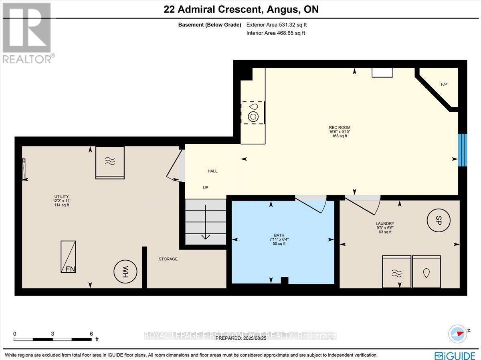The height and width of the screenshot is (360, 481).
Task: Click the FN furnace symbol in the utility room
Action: click(x=68, y=257)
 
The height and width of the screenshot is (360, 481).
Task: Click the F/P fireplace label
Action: click(x=444, y=84)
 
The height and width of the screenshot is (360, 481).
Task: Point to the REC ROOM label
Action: click(x=337, y=128)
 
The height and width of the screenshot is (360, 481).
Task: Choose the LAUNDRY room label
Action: click(x=385, y=223)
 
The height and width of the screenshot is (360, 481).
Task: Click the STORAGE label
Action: click(x=168, y=259)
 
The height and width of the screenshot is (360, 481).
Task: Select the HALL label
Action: click(x=212, y=171)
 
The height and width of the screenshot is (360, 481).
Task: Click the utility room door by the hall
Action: click(x=176, y=168)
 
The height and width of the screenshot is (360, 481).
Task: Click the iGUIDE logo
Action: click(x=455, y=355)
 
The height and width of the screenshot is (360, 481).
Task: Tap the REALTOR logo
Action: click(x=27, y=32)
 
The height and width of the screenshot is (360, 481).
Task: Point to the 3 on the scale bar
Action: click(x=53, y=334)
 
